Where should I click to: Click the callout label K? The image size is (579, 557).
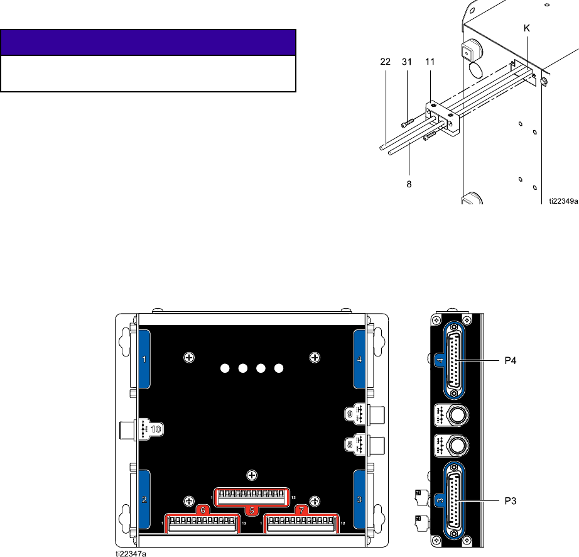coord(527,28)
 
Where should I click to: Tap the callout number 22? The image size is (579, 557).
coord(385,62)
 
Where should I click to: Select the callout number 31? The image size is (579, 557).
coord(406,62)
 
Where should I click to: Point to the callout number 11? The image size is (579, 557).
coord(430,62)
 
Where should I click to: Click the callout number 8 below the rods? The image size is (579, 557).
coord(409,184)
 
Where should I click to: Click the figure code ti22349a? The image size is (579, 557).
coord(563,201)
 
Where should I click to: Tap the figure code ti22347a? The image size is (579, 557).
coord(131,554)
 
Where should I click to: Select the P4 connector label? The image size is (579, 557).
coord(511,360)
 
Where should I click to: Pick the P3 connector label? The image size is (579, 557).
coord(511,501)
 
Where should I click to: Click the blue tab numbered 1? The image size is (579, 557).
coord(144,359)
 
